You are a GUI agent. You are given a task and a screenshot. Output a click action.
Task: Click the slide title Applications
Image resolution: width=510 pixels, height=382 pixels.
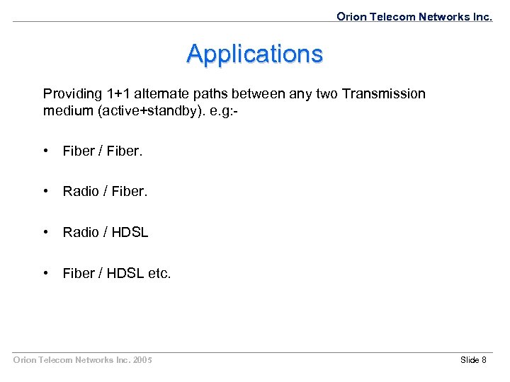point(254,54)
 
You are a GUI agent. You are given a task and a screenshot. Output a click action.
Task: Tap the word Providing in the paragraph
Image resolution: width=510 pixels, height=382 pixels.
point(72,94)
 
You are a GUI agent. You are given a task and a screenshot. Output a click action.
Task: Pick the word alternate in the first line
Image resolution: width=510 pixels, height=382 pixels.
point(167,94)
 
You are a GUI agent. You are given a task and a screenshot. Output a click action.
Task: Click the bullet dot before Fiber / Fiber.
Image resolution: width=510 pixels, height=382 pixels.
point(46,150)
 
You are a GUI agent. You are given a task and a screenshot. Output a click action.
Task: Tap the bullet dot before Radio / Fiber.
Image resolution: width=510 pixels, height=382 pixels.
point(46,191)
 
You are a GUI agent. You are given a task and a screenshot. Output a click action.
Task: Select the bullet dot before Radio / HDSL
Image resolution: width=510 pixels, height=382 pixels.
point(46,232)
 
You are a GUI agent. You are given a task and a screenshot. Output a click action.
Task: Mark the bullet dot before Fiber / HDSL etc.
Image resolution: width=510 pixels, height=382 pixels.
point(46,273)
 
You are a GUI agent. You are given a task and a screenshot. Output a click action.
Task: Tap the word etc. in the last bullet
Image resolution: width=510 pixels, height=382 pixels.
point(159,273)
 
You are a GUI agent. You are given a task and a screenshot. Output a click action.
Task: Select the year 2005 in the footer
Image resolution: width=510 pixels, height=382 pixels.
point(142,360)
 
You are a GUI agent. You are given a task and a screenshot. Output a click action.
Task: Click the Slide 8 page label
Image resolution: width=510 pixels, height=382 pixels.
point(473,360)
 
